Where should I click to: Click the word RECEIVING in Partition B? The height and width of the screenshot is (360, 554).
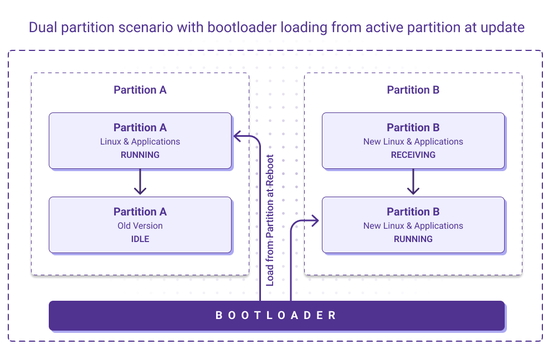[x=413, y=155]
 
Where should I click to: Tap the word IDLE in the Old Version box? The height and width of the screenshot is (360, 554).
[x=140, y=239]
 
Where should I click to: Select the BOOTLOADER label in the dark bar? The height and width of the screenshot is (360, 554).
[x=276, y=316]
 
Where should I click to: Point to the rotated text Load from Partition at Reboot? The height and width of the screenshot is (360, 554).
[x=270, y=220]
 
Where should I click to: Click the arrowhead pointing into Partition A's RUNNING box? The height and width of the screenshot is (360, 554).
[x=237, y=135]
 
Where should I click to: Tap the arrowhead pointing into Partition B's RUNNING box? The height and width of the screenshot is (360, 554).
[x=315, y=221]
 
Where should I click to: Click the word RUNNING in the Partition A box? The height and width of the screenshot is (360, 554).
[x=140, y=155]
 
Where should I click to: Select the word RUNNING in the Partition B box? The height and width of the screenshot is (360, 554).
[x=413, y=239]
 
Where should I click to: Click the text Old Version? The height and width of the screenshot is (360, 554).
[x=140, y=226]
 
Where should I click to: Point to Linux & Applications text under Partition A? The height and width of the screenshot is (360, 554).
[x=140, y=142]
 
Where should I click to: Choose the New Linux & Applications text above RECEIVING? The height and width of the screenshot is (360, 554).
[x=413, y=142]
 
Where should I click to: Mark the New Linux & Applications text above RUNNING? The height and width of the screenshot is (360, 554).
[x=413, y=226]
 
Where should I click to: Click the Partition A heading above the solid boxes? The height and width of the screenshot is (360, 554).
[x=140, y=90]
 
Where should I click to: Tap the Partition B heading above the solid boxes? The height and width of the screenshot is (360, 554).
[x=413, y=90]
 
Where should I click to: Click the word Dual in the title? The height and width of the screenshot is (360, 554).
[x=43, y=27]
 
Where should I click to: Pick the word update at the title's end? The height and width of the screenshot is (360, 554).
[x=503, y=27]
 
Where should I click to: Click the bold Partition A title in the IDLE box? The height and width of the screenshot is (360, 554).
[x=140, y=212]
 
